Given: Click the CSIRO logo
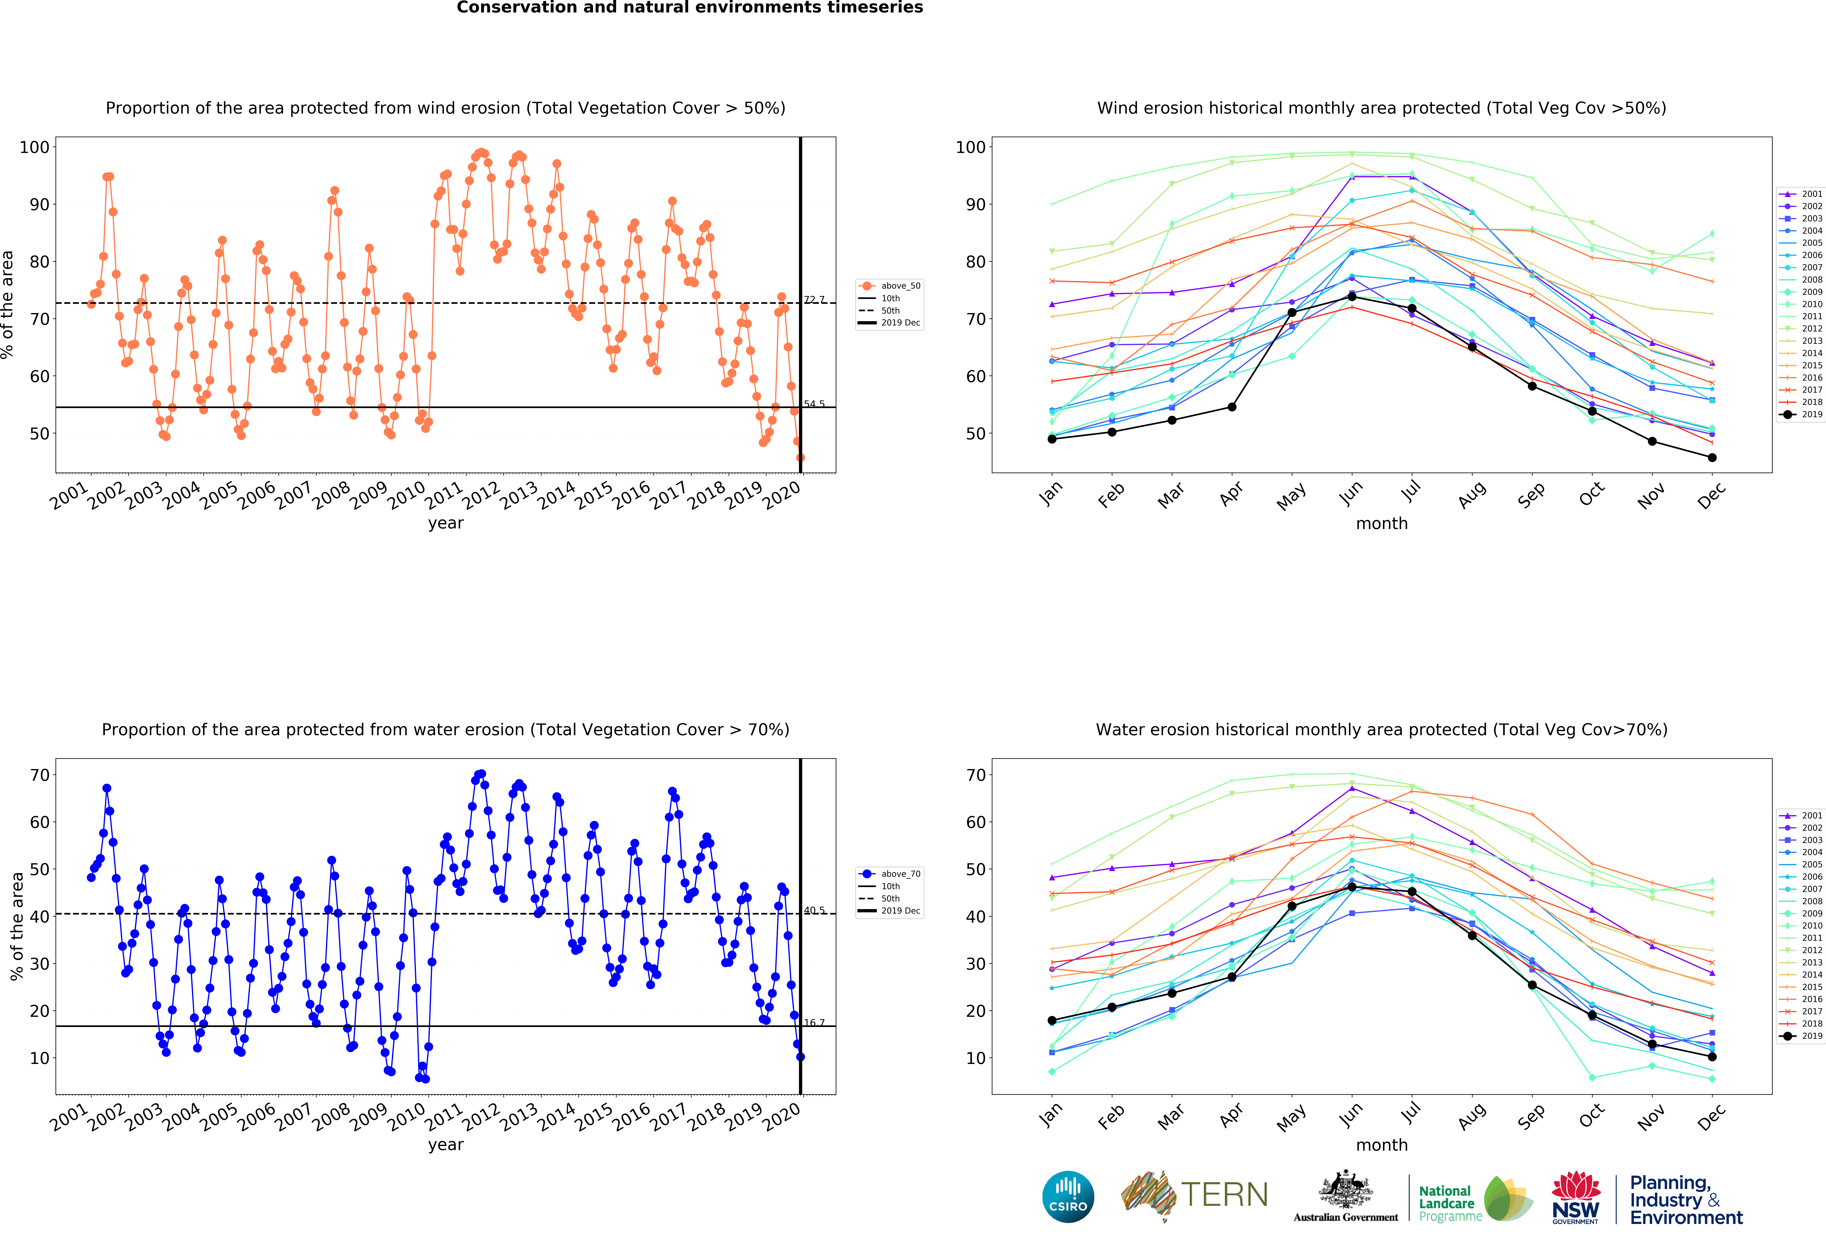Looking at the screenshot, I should coord(1068,1197).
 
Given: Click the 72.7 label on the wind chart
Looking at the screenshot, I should coord(814,300).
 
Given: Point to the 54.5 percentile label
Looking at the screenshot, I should coord(814,404).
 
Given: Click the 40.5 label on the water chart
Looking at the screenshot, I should coord(814,910).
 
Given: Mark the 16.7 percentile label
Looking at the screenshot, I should coord(814,1023).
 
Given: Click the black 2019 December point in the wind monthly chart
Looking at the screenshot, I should coord(1712,457).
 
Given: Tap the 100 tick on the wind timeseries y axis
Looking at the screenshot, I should coord(34,147).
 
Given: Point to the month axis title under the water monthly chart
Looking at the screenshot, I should coord(1381,1144).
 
